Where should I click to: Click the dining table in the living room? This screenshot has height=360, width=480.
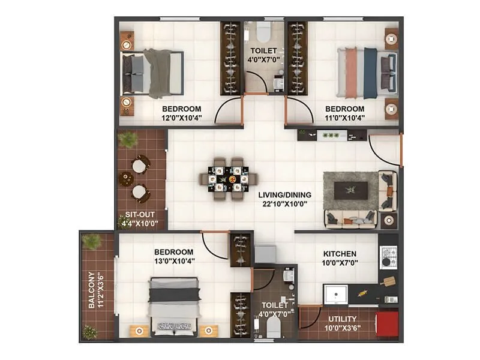pos(229,178)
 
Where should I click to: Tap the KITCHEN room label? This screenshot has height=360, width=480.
pos(339,254)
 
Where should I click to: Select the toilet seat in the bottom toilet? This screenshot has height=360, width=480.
pos(273,327)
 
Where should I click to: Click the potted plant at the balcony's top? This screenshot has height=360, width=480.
pos(92,241)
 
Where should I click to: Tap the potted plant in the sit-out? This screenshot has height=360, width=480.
pos(128,140)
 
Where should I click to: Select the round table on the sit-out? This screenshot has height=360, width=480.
pos(127,178)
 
